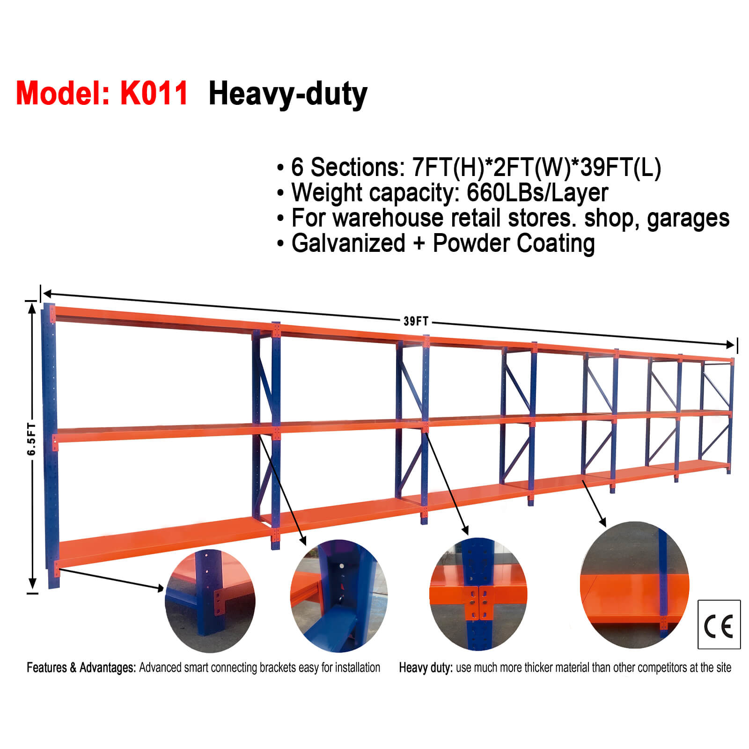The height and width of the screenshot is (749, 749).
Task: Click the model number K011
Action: [x=154, y=93]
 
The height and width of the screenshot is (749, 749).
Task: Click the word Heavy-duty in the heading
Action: [x=287, y=94]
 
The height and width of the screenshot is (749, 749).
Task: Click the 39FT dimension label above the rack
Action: [x=416, y=321]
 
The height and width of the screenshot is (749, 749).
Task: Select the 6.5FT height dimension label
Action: [x=31, y=439]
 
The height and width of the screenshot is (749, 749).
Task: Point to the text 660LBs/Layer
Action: [x=537, y=192]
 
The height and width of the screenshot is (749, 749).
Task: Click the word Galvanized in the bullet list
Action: [x=348, y=243]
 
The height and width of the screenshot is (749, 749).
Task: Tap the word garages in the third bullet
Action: [x=688, y=218]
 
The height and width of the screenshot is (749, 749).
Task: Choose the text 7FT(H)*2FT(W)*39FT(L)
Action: [x=536, y=167]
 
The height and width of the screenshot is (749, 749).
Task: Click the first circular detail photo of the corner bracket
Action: [x=210, y=601]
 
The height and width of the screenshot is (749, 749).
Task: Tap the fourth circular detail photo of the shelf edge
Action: [x=634, y=585]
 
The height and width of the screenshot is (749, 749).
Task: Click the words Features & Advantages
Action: [x=81, y=668]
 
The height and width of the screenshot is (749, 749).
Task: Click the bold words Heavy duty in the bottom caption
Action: [x=425, y=668]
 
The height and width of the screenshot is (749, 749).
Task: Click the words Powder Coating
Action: [x=514, y=243]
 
